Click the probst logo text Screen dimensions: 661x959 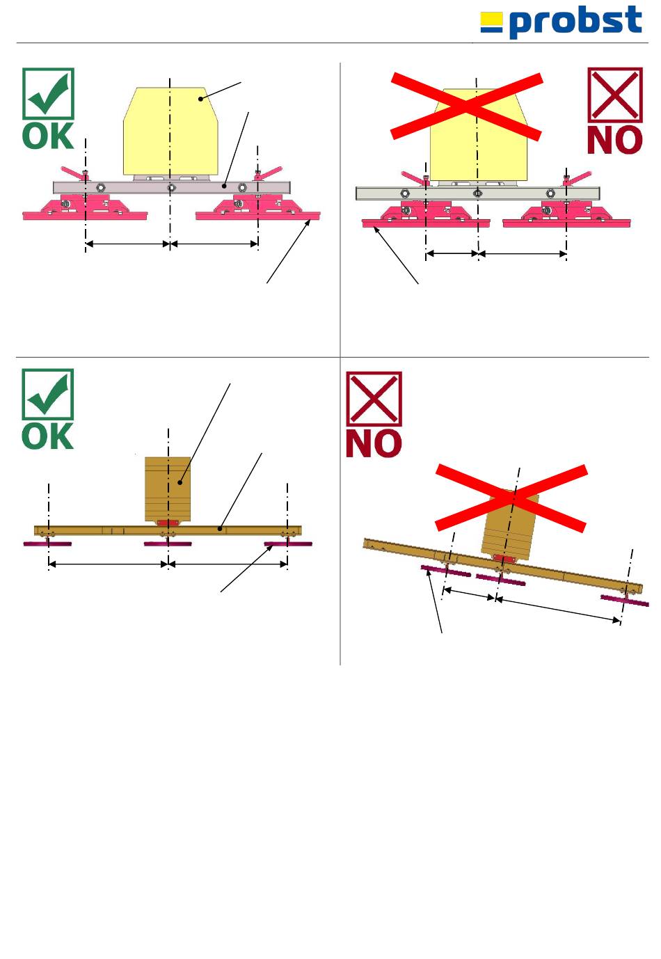pyautogui.click(x=575, y=22)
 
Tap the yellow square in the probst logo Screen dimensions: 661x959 pyautogui.click(x=491, y=22)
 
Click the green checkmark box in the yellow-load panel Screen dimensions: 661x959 pyautogui.click(x=48, y=93)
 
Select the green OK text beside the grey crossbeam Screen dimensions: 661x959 pyautogui.click(x=48, y=136)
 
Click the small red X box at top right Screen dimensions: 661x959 pyautogui.click(x=614, y=95)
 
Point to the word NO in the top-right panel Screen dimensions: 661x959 pyautogui.click(x=614, y=141)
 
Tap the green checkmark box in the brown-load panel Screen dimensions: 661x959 pyautogui.click(x=48, y=395)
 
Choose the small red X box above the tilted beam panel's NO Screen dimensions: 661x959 pyautogui.click(x=374, y=399)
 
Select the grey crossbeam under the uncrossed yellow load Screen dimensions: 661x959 pyautogui.click(x=170, y=187)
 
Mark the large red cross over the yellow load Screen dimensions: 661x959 pyautogui.click(x=466, y=106)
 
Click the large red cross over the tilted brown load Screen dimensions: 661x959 pyautogui.click(x=511, y=498)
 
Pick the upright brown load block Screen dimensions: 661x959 pyautogui.click(x=168, y=487)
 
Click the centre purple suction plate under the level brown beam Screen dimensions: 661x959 pyautogui.click(x=168, y=544)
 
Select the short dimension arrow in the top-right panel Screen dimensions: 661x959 pyautogui.click(x=452, y=254)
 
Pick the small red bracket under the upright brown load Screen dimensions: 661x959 pyautogui.click(x=168, y=523)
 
